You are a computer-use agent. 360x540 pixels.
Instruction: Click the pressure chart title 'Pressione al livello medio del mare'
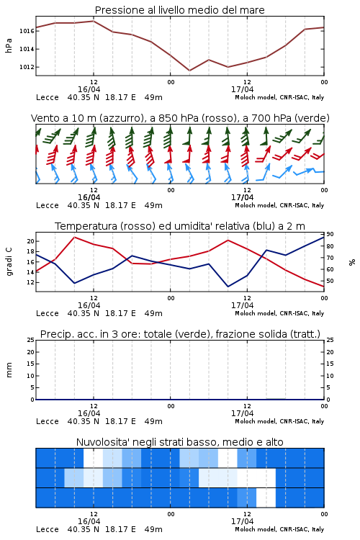(179, 10)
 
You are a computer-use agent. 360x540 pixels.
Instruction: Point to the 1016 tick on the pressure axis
(27, 31)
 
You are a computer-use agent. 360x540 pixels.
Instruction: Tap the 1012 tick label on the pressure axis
(27, 67)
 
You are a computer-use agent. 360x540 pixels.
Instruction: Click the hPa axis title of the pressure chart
(9, 46)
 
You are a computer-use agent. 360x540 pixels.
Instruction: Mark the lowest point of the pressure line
(189, 71)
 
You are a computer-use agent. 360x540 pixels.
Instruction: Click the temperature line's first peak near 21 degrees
(75, 237)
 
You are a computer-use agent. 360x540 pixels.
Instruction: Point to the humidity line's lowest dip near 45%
(228, 287)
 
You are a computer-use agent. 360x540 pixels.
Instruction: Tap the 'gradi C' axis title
(9, 261)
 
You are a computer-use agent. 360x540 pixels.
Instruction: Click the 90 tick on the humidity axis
(330, 234)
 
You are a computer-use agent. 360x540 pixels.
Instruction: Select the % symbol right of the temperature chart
(352, 262)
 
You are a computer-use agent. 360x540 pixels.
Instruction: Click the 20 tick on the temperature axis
(31, 241)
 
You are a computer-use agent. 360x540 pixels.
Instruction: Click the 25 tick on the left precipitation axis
(31, 340)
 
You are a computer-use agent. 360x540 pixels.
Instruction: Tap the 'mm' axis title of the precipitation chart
(9, 370)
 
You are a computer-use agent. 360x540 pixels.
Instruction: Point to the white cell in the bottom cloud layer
(266, 498)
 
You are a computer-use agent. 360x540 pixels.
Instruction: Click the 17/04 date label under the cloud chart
(242, 521)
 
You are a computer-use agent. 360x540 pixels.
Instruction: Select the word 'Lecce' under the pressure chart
(48, 97)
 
